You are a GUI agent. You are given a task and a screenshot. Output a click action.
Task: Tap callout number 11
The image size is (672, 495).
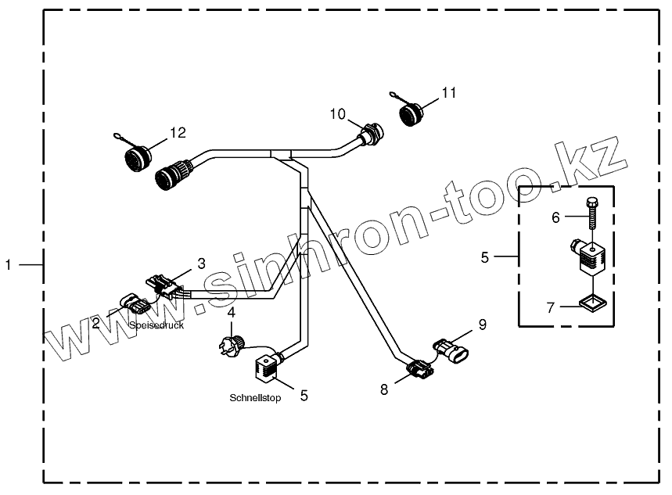point(448,93)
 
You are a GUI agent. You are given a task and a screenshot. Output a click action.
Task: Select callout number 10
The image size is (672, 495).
point(337,114)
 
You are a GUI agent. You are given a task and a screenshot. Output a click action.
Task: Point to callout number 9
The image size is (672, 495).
point(483,324)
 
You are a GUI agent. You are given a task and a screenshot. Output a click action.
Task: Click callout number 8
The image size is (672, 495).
point(383,389)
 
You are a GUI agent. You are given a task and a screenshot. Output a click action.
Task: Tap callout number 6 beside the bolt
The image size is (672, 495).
point(556,217)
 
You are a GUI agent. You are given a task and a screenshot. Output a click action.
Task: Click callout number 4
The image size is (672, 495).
point(232,314)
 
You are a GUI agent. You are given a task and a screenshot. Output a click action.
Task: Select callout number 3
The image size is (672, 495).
point(201,264)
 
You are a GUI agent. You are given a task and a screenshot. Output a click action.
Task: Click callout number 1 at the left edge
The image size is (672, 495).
point(9,266)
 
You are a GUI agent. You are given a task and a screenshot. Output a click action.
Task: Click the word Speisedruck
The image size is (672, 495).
point(157,325)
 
